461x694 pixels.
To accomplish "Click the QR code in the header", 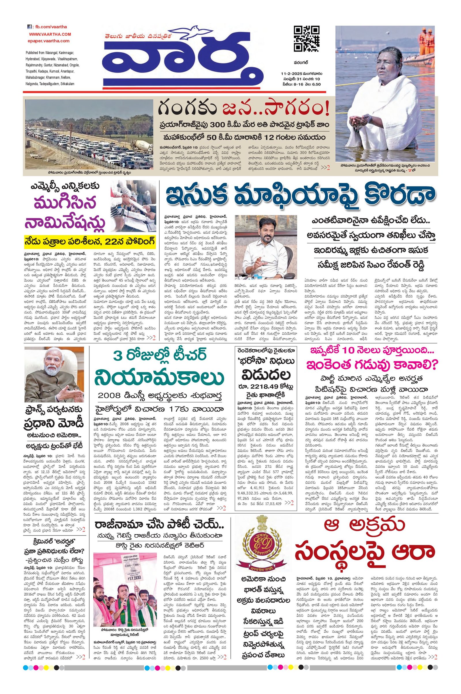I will [x=307, y=39].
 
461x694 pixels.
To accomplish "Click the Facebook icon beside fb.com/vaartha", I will [x=29, y=27].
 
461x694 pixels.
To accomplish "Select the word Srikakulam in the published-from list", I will [x=67, y=84].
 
